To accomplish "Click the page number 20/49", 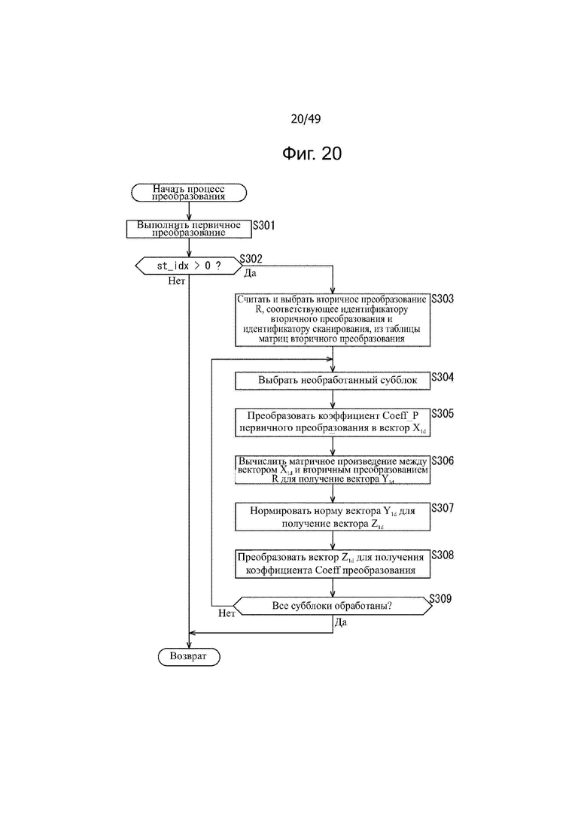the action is point(306,119).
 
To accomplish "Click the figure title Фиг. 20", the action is point(312,154).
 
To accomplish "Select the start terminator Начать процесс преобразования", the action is point(189,193).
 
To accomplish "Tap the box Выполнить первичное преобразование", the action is point(189,229).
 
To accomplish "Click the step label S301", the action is point(263,226).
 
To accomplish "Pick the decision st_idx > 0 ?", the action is point(189,266).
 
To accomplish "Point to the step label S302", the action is point(251,258).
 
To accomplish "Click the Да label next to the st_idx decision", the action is point(250,273).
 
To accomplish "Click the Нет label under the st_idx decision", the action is point(176,281).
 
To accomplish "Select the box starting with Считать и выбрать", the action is point(333,320).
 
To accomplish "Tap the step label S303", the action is point(443,299).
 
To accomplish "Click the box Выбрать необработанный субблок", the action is point(333,381).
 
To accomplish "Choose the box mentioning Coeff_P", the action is point(333,422).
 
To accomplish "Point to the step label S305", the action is point(443,413).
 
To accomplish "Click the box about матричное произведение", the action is point(333,470).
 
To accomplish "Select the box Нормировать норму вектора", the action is point(333,517).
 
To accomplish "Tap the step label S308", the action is point(443,555).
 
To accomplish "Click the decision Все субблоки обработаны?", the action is point(333,606).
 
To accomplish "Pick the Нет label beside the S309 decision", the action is point(227,613).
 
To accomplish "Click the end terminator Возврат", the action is point(189,656).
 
